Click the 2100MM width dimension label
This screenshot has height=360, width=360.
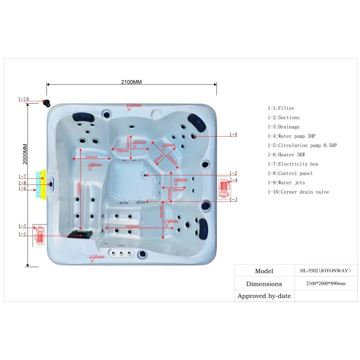[131, 82]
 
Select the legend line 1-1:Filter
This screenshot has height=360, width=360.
[281, 108]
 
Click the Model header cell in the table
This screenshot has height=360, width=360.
[264, 271]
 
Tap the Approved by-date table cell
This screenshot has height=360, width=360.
[264, 296]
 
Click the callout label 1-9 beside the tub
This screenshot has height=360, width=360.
[233, 135]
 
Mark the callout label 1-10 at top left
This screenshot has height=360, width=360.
[23, 99]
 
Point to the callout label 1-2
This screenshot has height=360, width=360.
[233, 173]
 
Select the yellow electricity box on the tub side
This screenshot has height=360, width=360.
[44, 183]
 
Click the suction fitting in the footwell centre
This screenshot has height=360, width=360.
[145, 174]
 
